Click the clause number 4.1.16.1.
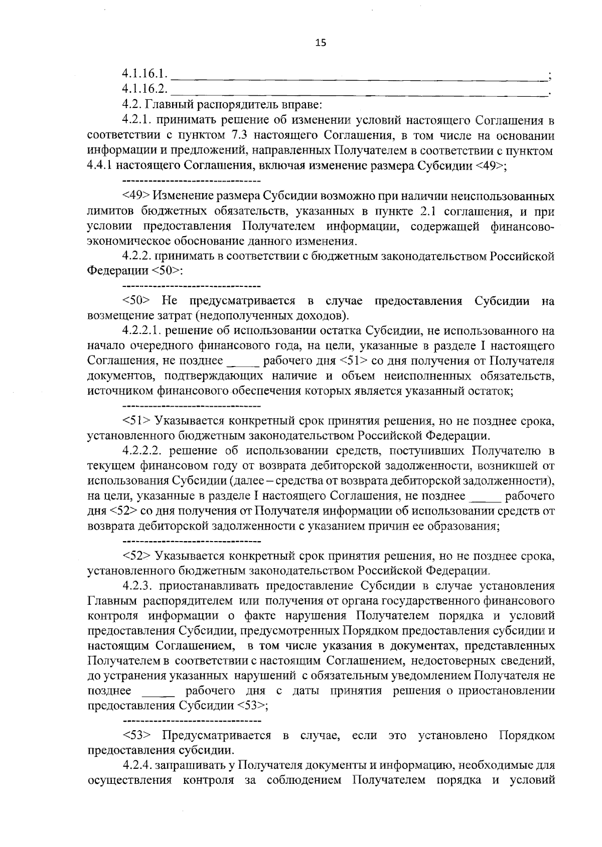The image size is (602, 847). point(144,74)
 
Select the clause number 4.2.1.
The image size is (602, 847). point(136,120)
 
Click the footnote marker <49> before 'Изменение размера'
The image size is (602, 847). point(136,196)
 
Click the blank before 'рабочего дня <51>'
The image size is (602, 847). point(243,362)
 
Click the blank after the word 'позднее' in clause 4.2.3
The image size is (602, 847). point(159,692)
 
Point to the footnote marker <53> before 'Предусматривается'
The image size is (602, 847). point(136,736)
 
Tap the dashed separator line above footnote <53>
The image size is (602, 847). point(192,721)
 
